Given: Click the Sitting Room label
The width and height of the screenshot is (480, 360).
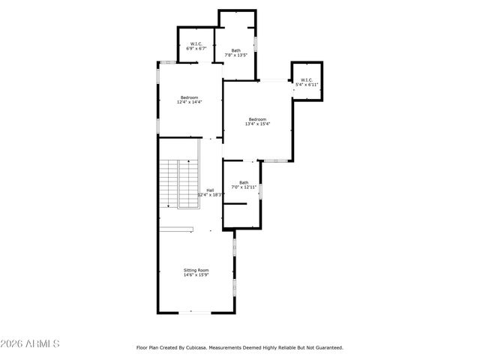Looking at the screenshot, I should click(196, 270).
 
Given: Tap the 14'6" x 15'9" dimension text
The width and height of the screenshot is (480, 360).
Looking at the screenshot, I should click(196, 275).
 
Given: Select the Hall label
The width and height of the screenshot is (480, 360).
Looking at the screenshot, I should click(211, 190).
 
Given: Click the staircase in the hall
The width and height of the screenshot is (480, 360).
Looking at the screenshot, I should click(178, 184).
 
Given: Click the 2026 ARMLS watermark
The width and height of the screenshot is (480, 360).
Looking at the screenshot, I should click(31, 343).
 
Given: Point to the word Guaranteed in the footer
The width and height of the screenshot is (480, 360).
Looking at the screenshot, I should click(328, 348).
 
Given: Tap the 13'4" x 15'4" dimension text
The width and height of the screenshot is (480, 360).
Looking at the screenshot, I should click(258, 124).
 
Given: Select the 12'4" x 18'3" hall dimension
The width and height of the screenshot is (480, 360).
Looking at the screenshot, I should click(211, 194).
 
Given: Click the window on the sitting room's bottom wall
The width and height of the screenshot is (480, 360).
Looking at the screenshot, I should click(189, 313).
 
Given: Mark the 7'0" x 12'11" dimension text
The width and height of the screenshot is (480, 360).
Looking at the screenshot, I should click(244, 187).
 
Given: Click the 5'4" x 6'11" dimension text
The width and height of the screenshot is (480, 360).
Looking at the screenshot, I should click(307, 85).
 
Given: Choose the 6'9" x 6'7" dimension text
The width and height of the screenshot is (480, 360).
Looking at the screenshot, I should click(196, 48).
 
